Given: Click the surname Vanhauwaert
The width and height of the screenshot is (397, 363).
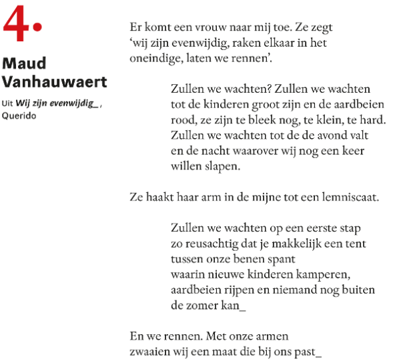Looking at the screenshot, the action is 54,81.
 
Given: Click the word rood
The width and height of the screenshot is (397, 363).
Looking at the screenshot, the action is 183,120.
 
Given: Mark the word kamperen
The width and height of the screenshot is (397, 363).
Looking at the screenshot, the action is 320,274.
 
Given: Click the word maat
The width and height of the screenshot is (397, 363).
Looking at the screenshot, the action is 236,350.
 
